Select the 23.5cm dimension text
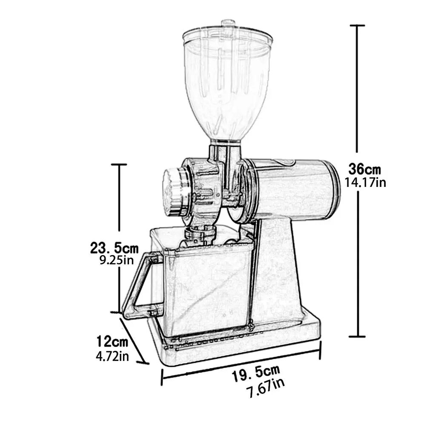pyautogui.click(x=114, y=247)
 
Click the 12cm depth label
pyautogui.click(x=112, y=341)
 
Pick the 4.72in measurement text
pyautogui.click(x=112, y=355)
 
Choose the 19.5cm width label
pyautogui.click(x=256, y=375)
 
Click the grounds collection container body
pyautogui.click(x=204, y=290)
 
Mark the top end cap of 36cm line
pyautogui.click(x=357, y=26)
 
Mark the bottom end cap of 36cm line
pyautogui.click(x=357, y=336)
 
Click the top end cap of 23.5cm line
pyautogui.click(x=119, y=164)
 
